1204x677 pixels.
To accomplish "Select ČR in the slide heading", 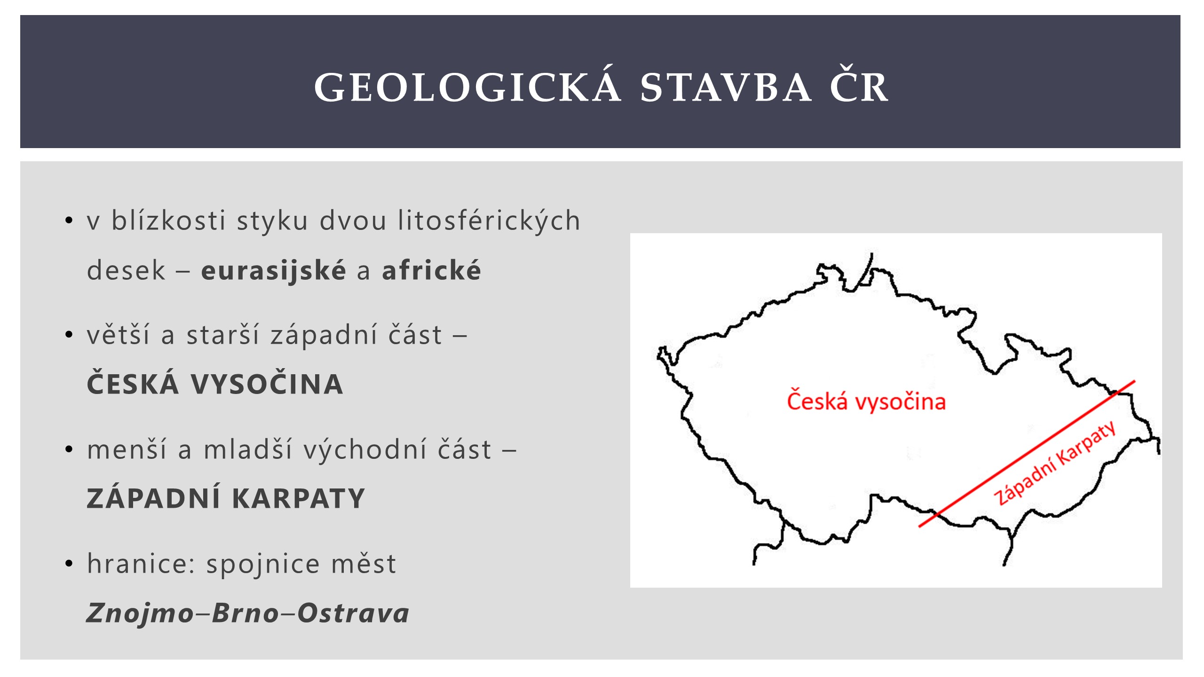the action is (x=859, y=86).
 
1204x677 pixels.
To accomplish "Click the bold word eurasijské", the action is (x=273, y=271).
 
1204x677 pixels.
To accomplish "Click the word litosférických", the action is (x=489, y=221).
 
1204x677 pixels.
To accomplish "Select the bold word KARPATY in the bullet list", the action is (x=299, y=498).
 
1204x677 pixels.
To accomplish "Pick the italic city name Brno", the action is (x=246, y=613).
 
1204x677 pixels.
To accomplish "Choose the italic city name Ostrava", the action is (x=353, y=613).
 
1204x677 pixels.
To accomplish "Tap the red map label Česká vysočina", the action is (x=866, y=401).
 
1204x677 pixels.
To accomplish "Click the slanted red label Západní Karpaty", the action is (x=1054, y=463).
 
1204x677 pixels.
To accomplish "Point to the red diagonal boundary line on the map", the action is (x=1027, y=454).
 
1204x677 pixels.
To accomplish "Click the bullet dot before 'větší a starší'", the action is (x=69, y=335).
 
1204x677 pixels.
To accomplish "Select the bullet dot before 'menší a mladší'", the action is (x=69, y=449).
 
